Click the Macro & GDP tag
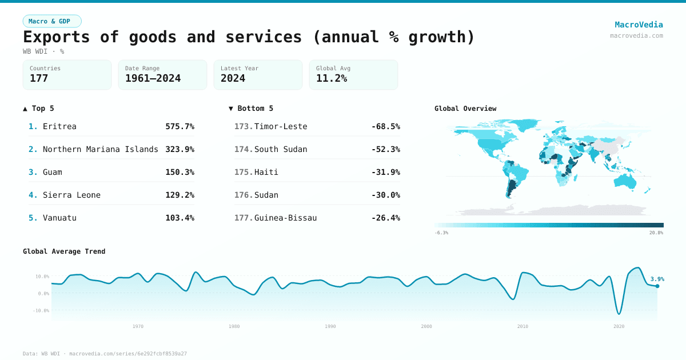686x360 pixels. tap(52, 21)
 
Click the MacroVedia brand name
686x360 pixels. tap(639, 25)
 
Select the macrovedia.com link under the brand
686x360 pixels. tap(636, 35)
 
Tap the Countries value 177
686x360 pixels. tap(39, 78)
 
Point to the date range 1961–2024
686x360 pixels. tap(153, 78)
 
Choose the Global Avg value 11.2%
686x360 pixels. tap(332, 78)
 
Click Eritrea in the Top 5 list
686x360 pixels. tap(59, 126)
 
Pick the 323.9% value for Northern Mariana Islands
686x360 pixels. tap(180, 149)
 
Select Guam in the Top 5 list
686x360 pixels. tap(53, 172)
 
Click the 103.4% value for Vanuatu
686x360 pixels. tap(180, 218)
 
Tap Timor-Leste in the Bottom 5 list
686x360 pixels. tap(281, 126)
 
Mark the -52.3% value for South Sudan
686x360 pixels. tap(385, 149)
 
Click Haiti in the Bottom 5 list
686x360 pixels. tap(266, 172)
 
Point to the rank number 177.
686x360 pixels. tap(243, 218)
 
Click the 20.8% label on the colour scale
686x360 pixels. tap(656, 233)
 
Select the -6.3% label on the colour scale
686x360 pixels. tap(441, 233)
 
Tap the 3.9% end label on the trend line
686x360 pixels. tap(657, 279)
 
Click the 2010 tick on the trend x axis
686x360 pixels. tap(523, 326)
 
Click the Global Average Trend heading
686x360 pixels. tap(64, 251)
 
